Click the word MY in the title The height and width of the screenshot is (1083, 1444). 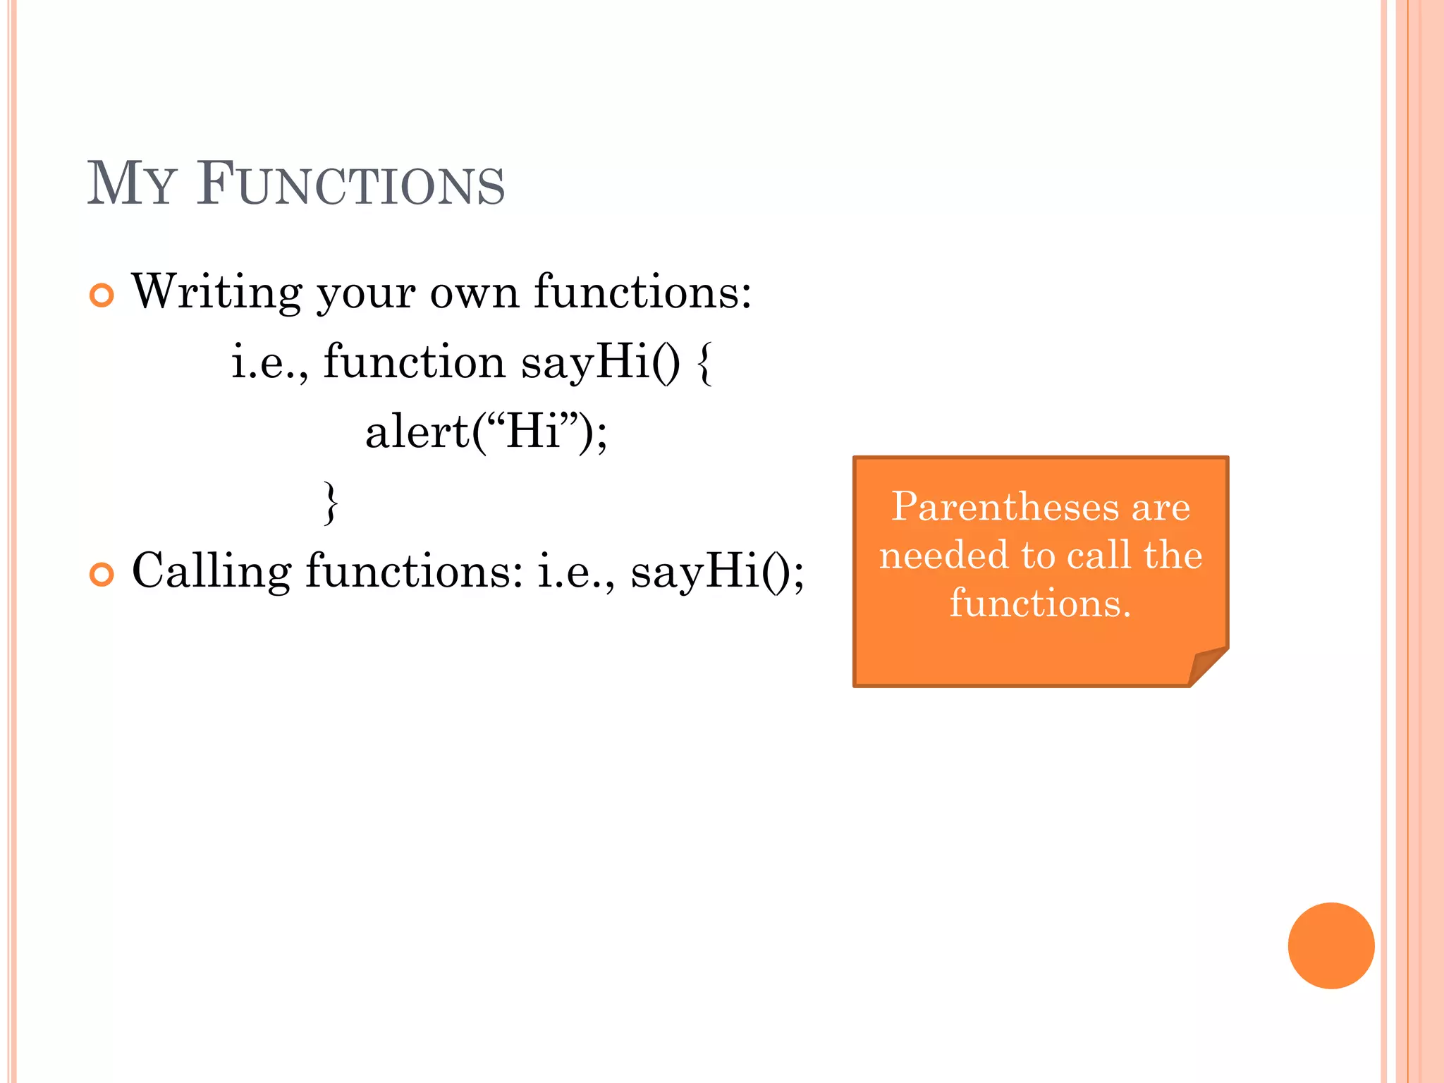click(130, 184)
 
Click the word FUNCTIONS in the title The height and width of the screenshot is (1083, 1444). click(350, 184)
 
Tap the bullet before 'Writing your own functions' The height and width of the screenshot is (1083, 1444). click(102, 295)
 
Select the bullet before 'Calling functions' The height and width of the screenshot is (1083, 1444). click(102, 574)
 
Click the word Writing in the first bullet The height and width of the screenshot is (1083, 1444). click(216, 292)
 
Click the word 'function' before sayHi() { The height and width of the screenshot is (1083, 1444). click(414, 362)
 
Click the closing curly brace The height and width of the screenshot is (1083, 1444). click(330, 503)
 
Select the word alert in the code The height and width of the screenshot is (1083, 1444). click(417, 432)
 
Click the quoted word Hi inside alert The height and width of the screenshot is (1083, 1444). click(532, 432)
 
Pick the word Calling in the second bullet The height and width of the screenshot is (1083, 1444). click(211, 571)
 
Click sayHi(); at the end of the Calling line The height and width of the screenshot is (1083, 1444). click(716, 571)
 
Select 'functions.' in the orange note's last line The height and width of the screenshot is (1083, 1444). click(1040, 604)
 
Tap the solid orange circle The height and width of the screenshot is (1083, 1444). click(1330, 946)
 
